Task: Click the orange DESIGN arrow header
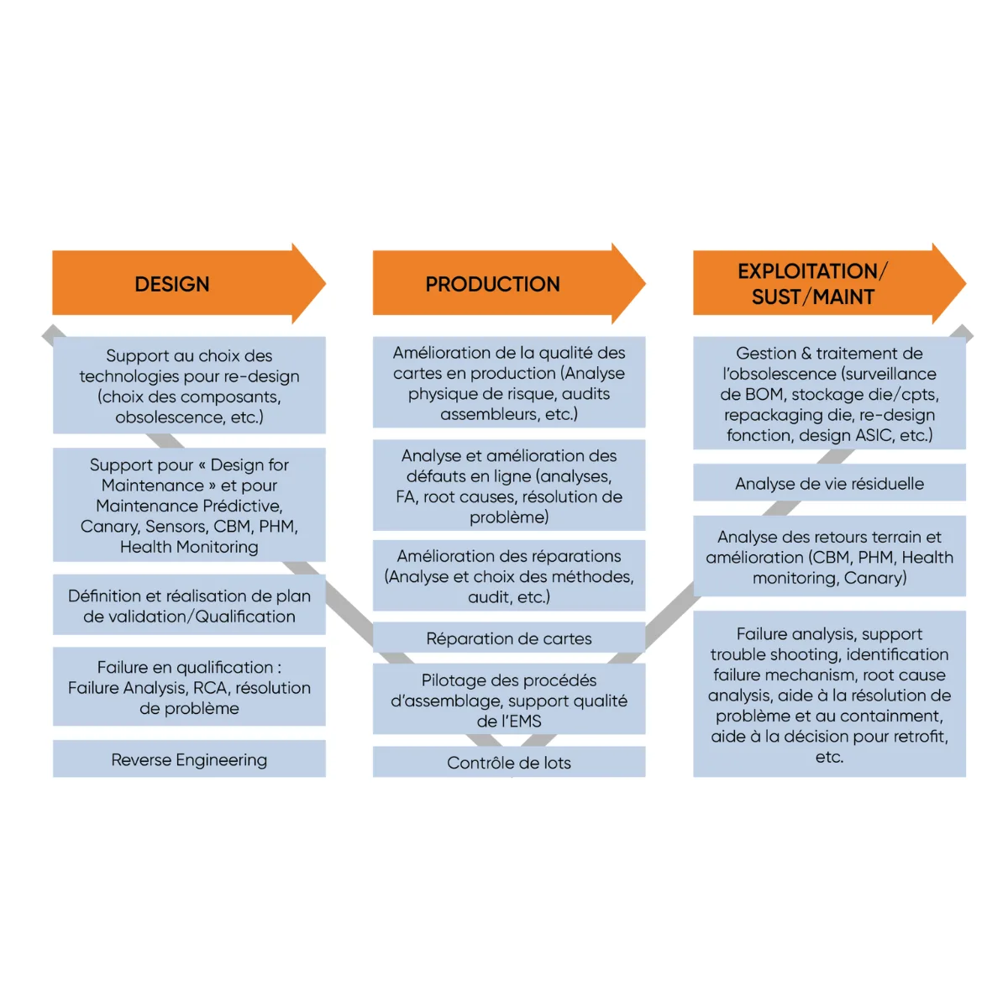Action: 189,284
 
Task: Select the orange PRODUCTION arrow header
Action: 509,284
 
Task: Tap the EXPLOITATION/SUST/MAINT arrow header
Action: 830,284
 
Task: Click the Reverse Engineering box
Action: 189,759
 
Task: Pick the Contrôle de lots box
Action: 509,762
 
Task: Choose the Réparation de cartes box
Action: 509,638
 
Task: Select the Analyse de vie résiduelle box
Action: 830,482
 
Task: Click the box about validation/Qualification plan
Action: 189,605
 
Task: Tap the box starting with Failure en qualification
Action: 189,687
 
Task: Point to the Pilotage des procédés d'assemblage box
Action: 509,699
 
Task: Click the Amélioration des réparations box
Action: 509,575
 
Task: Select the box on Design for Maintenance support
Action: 189,505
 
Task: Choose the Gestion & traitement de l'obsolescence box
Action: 830,393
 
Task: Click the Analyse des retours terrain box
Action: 830,556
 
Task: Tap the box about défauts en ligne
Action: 509,485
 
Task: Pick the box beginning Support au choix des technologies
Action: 189,385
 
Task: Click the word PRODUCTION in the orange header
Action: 493,284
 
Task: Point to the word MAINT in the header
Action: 843,297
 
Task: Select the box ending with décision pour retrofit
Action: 830,694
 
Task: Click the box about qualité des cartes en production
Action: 509,382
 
